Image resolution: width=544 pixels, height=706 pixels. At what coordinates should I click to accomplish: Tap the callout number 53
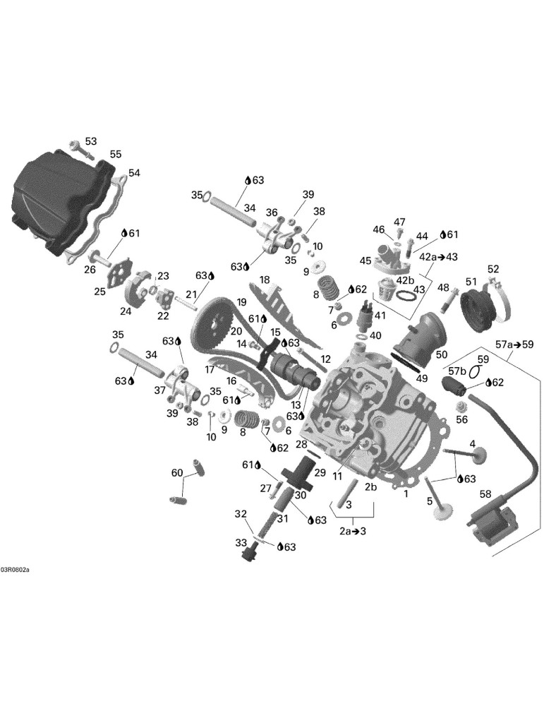[91, 141]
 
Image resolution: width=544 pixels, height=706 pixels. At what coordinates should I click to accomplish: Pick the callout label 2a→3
[352, 531]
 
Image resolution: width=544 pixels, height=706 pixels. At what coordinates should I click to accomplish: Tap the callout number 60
[177, 472]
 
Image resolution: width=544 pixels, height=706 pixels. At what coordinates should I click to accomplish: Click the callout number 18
[264, 280]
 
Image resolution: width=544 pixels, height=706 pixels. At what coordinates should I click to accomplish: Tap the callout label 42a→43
[438, 257]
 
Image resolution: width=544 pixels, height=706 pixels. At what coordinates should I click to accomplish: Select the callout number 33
[241, 543]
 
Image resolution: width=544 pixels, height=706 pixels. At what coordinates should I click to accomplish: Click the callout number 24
[126, 311]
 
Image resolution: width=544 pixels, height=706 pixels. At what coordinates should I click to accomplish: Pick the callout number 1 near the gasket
[406, 494]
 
